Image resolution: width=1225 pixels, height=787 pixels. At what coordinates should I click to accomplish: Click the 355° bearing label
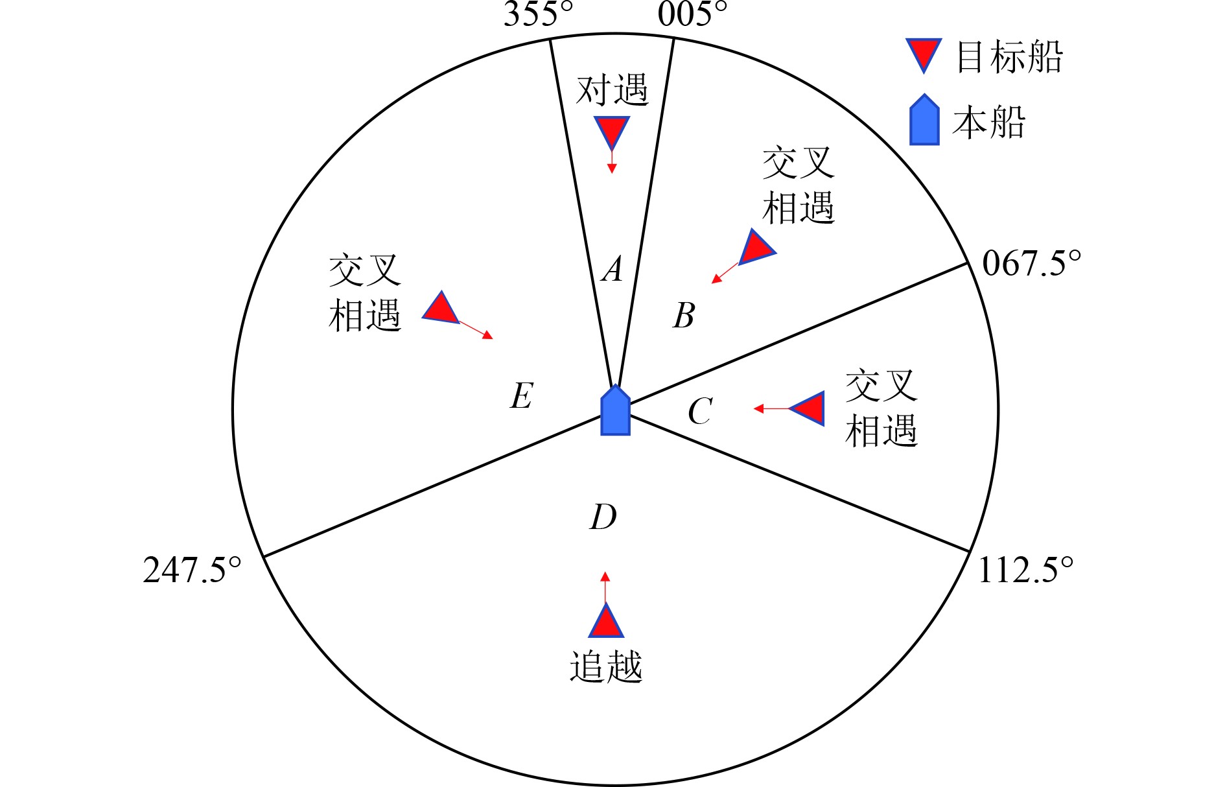[x=538, y=14]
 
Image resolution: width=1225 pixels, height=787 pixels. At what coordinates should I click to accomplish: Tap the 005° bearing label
[x=692, y=14]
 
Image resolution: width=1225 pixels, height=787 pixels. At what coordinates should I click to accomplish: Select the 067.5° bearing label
[x=1031, y=264]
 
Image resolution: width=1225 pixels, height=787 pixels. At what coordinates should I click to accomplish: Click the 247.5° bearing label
[x=192, y=570]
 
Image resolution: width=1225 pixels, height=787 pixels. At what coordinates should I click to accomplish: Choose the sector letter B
[x=684, y=316]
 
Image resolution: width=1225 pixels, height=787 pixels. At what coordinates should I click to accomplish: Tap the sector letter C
[x=700, y=411]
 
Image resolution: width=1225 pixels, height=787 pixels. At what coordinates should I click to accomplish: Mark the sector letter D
[x=603, y=517]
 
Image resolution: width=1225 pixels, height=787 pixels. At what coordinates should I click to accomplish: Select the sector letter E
[x=522, y=395]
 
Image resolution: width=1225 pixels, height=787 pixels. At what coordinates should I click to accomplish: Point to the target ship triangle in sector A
[x=612, y=130]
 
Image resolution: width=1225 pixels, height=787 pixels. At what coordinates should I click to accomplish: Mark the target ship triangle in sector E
[x=442, y=309]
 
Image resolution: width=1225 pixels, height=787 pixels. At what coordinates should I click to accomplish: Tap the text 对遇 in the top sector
[x=612, y=89]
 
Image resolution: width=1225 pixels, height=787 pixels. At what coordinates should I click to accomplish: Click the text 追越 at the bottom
[x=606, y=666]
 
